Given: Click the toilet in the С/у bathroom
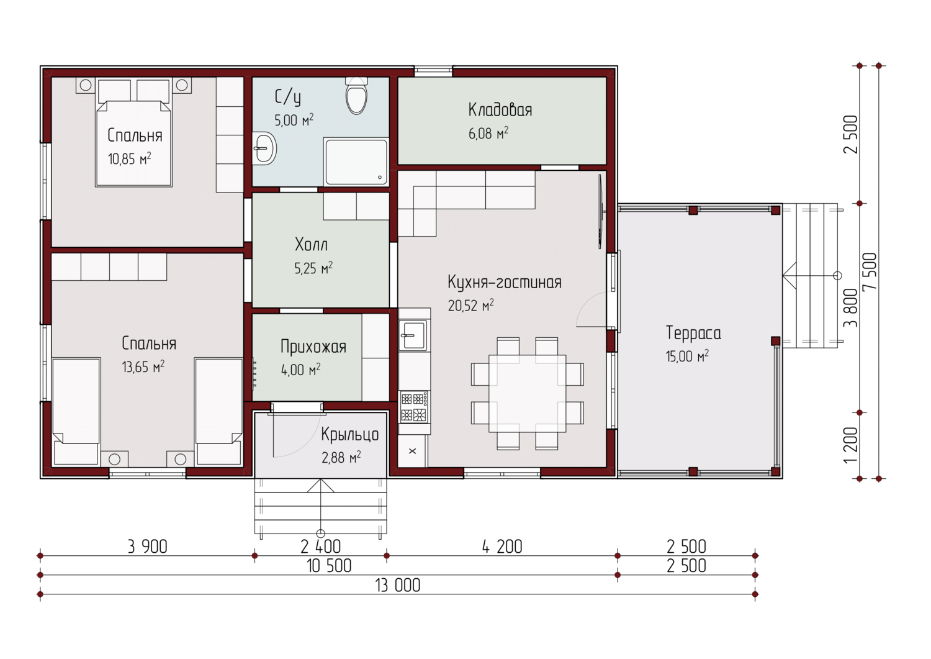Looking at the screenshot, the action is [357, 96].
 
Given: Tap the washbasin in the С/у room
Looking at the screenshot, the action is [264, 148].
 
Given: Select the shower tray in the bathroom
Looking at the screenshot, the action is [356, 161].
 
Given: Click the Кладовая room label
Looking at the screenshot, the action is [500, 110].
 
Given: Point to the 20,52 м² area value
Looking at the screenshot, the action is [471, 305].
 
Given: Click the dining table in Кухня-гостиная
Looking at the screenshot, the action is [527, 393].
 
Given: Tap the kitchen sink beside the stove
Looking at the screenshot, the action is [413, 335].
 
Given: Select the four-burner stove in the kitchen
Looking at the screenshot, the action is [414, 406].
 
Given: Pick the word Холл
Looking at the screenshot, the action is [312, 245].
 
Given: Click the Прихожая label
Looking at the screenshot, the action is [313, 347].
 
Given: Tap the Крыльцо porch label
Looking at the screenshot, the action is [349, 435].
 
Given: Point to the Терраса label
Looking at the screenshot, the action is [693, 333].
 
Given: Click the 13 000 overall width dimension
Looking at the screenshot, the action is [398, 585].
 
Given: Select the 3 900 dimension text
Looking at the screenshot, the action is [148, 547].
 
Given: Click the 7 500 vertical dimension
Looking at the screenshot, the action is [870, 272].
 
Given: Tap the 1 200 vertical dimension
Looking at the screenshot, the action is [851, 445].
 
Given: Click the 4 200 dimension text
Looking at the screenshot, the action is [502, 547].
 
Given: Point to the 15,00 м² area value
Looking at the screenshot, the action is [687, 356].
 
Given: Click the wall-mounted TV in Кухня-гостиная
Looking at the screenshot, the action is [601, 211].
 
